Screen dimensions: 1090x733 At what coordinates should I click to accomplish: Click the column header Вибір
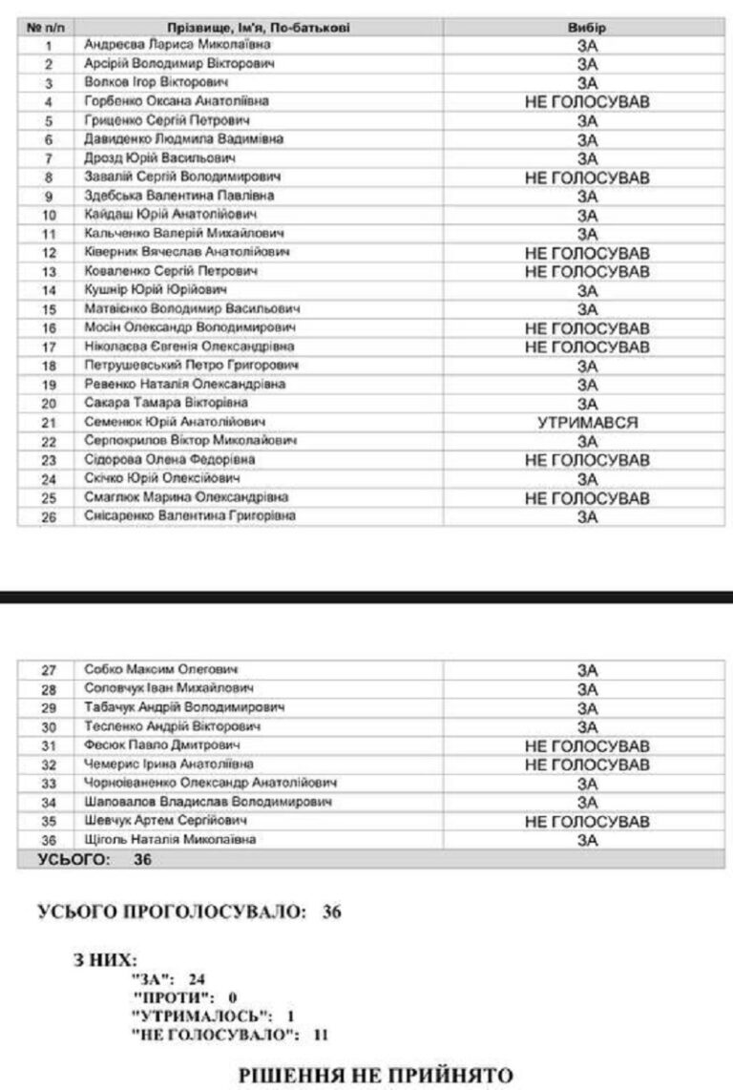coord(586,28)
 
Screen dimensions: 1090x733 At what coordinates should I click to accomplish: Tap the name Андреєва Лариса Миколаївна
coord(178,45)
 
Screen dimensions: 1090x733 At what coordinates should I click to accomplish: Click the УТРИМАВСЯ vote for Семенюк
coord(586,422)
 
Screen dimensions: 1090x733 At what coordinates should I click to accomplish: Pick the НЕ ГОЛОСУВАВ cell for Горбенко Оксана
coord(586,101)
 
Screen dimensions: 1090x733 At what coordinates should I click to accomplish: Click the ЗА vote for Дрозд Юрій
coord(586,158)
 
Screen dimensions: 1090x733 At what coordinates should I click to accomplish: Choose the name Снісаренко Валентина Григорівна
coord(190,516)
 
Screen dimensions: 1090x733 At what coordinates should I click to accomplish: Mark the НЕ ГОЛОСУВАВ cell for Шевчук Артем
coord(586,822)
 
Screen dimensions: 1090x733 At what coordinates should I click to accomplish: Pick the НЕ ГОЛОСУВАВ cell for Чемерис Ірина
coord(586,765)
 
